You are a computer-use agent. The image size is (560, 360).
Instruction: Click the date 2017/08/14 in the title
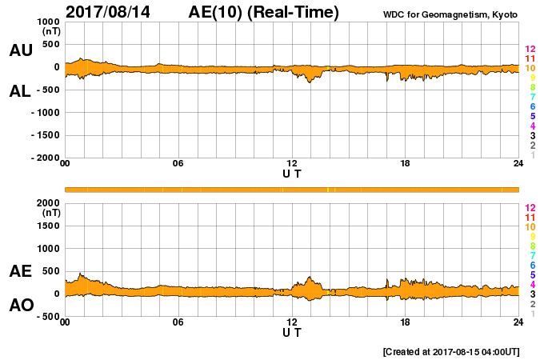pyautogui.click(x=112, y=12)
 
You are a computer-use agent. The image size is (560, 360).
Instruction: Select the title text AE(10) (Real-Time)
pyautogui.click(x=263, y=12)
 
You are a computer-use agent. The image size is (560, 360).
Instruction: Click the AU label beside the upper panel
pyautogui.click(x=20, y=50)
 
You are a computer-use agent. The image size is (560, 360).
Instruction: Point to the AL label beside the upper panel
pyautogui.click(x=20, y=91)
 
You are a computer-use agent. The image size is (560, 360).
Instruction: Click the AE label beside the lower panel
pyautogui.click(x=20, y=271)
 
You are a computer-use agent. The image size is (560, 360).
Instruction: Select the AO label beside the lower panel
pyautogui.click(x=20, y=306)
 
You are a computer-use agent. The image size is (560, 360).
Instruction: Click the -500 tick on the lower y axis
pyautogui.click(x=47, y=317)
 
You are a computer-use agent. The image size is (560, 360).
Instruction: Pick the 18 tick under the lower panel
pyautogui.click(x=405, y=322)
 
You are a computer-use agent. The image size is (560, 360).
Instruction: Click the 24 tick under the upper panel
pyautogui.click(x=518, y=164)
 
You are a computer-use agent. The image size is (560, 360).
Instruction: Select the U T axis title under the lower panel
pyautogui.click(x=292, y=332)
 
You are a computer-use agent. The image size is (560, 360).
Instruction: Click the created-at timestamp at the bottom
pyautogui.click(x=452, y=351)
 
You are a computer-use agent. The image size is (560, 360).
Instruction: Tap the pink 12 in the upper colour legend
pyautogui.click(x=530, y=50)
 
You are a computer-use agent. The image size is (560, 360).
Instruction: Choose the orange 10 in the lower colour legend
pyautogui.click(x=530, y=227)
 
